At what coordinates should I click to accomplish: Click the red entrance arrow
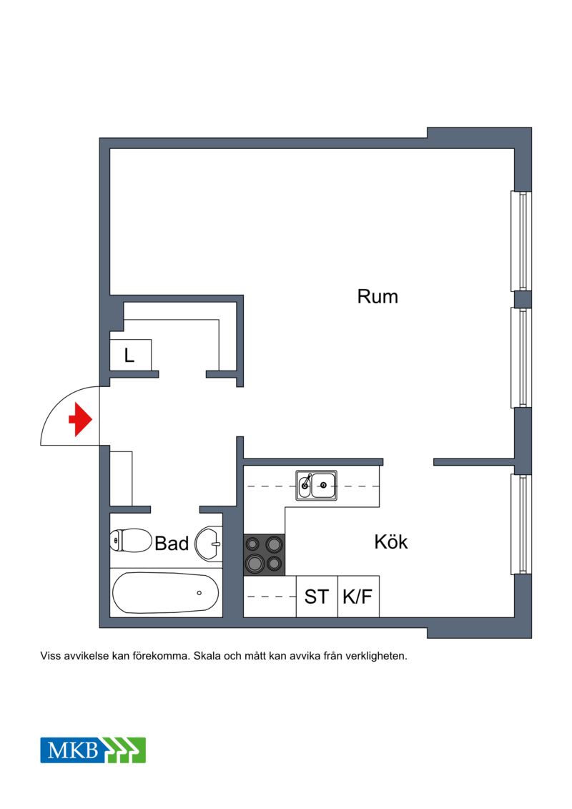(x=81, y=419)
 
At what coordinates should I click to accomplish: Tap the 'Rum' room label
(x=378, y=297)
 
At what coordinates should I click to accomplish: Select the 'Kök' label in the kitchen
(x=391, y=541)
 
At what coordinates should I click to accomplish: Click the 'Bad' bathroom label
(x=172, y=544)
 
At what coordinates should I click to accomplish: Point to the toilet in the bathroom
(x=131, y=540)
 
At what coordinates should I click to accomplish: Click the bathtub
(x=166, y=593)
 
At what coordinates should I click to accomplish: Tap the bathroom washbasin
(x=208, y=544)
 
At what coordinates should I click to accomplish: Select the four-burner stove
(x=264, y=554)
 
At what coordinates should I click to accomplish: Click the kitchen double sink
(x=316, y=485)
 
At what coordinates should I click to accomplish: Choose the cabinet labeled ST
(x=317, y=597)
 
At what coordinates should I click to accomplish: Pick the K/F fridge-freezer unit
(x=358, y=597)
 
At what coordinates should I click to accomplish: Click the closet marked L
(x=131, y=355)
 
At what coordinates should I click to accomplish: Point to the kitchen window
(x=521, y=524)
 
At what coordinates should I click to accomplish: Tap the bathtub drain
(x=199, y=593)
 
